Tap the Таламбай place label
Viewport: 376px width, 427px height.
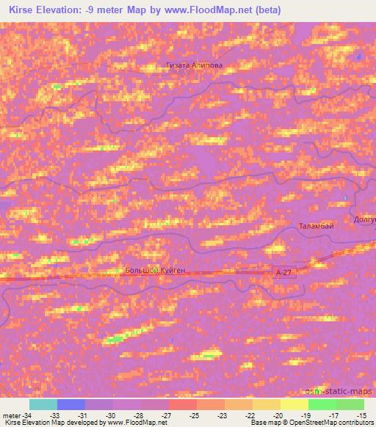pyautogui.click(x=317, y=226)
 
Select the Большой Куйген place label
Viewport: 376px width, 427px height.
pyautogui.click(x=155, y=271)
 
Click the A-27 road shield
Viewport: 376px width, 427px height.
pyautogui.click(x=283, y=272)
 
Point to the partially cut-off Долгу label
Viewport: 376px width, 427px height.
pyautogui.click(x=364, y=218)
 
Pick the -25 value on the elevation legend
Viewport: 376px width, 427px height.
pyautogui.click(x=195, y=415)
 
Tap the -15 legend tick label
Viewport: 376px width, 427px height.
pyautogui.click(x=361, y=415)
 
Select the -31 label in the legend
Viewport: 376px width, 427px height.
pyautogui.click(x=83, y=415)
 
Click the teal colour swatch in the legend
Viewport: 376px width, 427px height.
pyautogui.click(x=43, y=404)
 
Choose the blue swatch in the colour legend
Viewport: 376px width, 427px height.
pyautogui.click(x=70, y=404)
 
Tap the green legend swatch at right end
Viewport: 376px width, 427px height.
pyautogui.click(x=350, y=404)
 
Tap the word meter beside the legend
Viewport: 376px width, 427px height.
pyautogui.click(x=11, y=415)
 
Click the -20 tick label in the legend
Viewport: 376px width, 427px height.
pyautogui.click(x=278, y=415)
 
